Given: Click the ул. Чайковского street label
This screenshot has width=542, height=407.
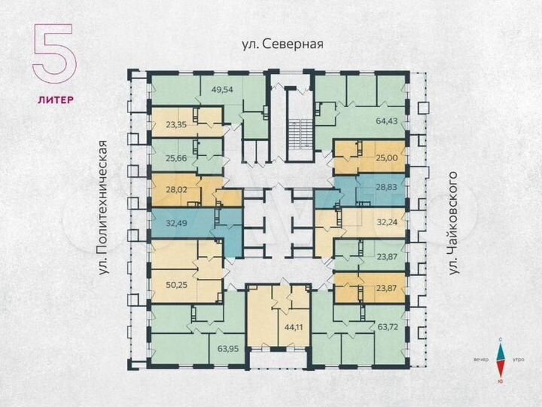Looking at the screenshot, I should [453, 223].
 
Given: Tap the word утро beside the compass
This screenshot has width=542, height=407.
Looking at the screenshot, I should [519, 360].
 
